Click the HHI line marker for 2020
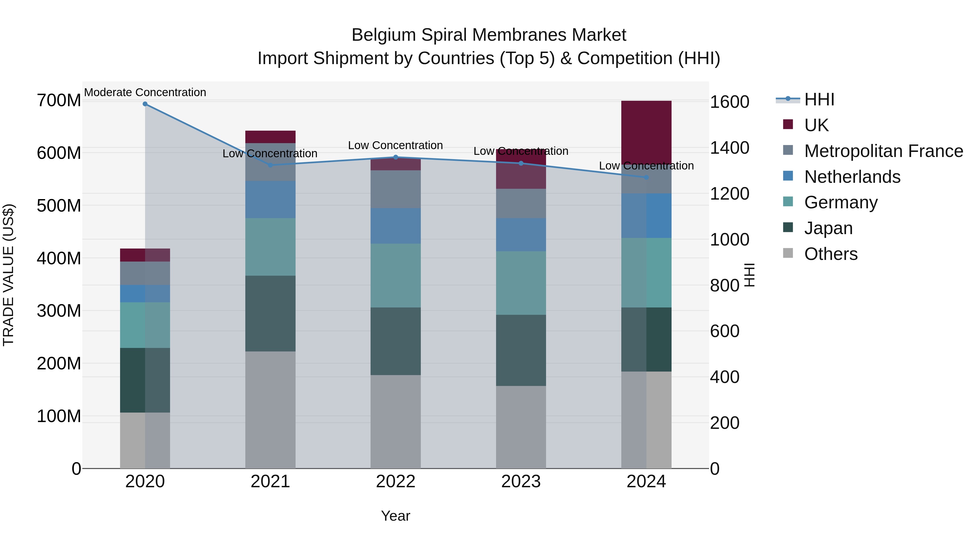(145, 104)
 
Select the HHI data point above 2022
(396, 157)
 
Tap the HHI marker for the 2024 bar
(647, 177)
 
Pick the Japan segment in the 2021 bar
(270, 313)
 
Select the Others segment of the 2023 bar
(521, 427)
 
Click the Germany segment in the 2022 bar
(396, 276)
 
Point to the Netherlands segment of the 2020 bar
(145, 293)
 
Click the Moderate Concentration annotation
(145, 93)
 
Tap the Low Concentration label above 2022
(396, 145)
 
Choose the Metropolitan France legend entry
(883, 151)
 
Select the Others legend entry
(831, 254)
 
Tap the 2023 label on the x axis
(521, 482)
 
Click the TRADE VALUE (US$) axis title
(9, 275)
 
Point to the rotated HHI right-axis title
(749, 275)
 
